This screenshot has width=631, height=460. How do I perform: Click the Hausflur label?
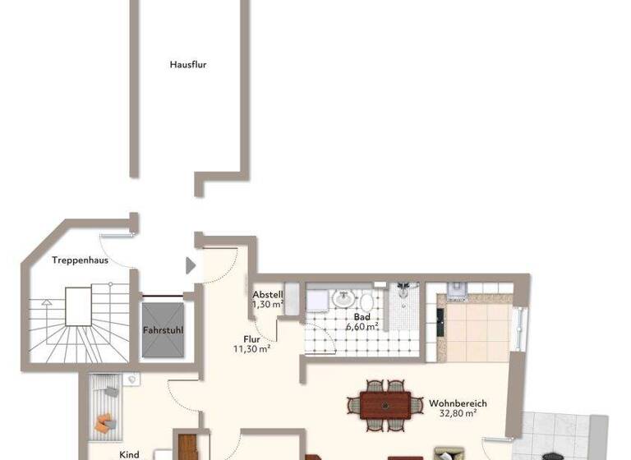[187, 64]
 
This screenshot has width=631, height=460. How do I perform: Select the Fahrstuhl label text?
[163, 330]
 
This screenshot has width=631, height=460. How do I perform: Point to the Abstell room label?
[268, 295]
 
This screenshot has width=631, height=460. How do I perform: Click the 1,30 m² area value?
[268, 305]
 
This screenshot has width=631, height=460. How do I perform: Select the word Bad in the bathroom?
[362, 316]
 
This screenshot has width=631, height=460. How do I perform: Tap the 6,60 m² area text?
[362, 326]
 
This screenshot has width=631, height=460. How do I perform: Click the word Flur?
[252, 338]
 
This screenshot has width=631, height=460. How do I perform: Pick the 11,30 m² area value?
[252, 348]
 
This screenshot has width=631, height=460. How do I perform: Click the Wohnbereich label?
[458, 403]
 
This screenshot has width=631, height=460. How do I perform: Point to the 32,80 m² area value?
[458, 414]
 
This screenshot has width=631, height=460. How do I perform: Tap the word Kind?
[129, 454]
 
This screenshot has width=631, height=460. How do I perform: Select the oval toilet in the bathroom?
[366, 300]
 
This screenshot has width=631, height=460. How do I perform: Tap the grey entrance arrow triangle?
[191, 265]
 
